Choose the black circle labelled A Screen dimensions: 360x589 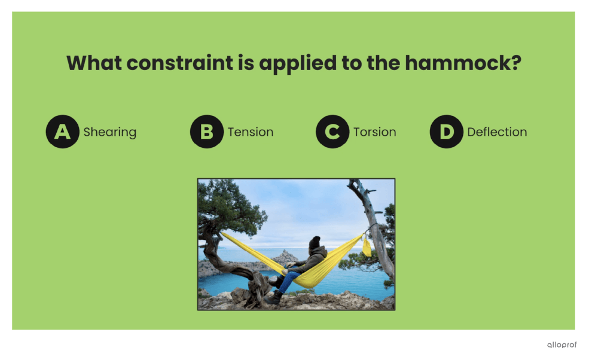pos(62,132)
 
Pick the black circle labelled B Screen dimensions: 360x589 pos(206,132)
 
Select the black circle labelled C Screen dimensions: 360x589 pos(332,132)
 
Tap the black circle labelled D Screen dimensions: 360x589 pos(446,132)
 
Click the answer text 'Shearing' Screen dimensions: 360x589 pos(109,132)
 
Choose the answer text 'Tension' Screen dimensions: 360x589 pos(251,132)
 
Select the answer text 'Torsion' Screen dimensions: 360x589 pos(374,132)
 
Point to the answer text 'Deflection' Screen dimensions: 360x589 pos(497,132)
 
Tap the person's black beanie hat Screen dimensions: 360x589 pos(314,242)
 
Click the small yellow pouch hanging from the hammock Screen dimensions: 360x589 pos(367,247)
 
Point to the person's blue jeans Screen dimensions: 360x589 pos(289,280)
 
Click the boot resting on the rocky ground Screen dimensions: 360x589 pos(274,297)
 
